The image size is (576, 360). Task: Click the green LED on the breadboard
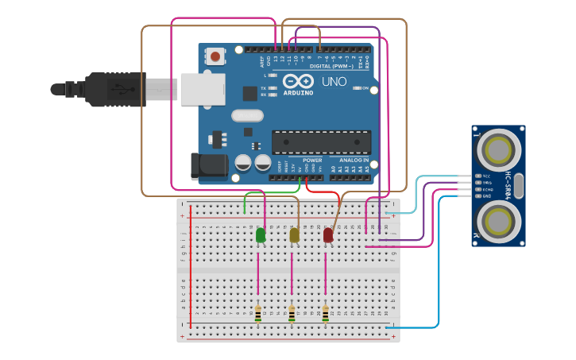click(x=261, y=235)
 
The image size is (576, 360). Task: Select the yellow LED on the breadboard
click(x=295, y=235)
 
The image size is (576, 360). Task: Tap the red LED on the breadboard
click(x=328, y=235)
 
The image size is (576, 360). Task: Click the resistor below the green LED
click(x=257, y=314)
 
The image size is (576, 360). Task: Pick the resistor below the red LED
click(x=325, y=314)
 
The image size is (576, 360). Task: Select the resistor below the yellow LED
click(x=292, y=314)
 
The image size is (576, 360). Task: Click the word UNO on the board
click(x=334, y=82)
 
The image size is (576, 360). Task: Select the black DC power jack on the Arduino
click(x=209, y=165)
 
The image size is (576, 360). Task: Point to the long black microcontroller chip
click(x=321, y=142)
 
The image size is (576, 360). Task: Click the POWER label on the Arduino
click(x=312, y=160)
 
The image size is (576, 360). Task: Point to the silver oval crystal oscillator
click(x=247, y=115)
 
